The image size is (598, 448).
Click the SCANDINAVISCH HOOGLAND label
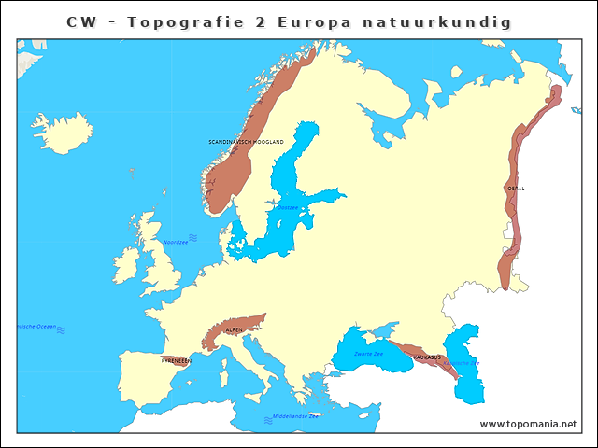point(246,142)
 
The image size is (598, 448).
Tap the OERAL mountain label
point(516,189)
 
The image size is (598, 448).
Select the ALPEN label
point(234,330)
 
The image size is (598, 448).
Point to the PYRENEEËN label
point(177,359)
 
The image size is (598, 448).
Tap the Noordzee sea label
point(175,242)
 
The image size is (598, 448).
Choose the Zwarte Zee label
point(368,355)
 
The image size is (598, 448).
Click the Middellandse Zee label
point(295,415)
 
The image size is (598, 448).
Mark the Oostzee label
point(288,207)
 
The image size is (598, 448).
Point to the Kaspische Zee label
point(461,363)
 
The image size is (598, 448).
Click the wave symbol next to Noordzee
point(193,237)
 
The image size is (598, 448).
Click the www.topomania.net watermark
point(528,424)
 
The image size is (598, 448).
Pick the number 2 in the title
point(259,21)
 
